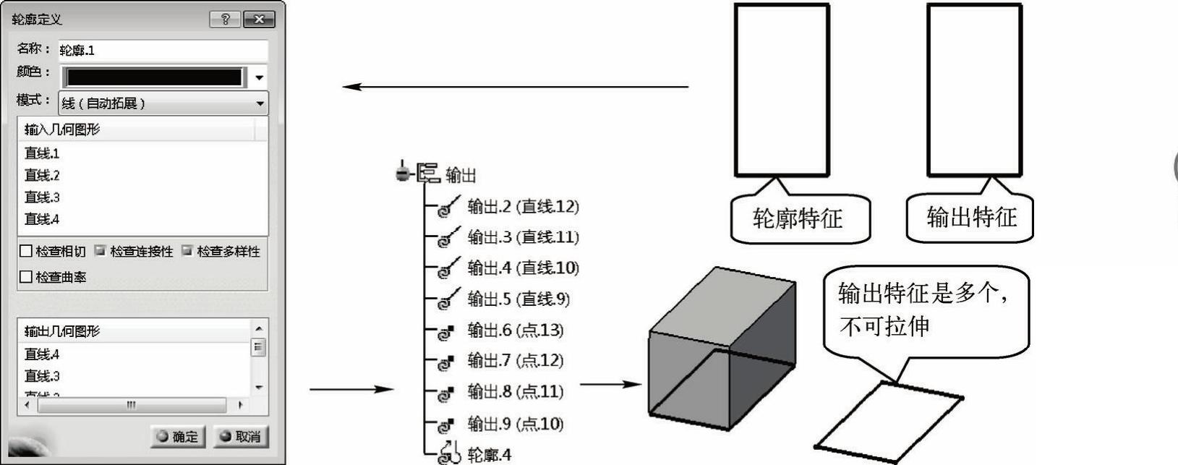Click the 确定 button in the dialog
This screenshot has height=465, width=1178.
(x=178, y=436)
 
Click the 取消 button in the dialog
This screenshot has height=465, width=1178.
(x=242, y=436)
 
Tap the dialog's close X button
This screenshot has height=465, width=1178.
(x=258, y=20)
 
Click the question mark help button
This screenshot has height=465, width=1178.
(x=225, y=20)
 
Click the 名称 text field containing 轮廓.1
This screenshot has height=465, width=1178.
(x=163, y=51)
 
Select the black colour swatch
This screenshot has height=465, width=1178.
(x=154, y=77)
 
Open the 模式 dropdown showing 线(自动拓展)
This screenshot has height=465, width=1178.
(x=163, y=103)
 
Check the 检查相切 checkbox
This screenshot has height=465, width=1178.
(x=26, y=252)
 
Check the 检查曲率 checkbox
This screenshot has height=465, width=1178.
(x=26, y=277)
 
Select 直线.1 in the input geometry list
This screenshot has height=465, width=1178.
(x=42, y=153)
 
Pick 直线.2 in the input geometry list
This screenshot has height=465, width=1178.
(x=42, y=175)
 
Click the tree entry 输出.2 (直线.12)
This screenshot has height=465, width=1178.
(x=523, y=207)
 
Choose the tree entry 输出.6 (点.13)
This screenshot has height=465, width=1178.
(x=515, y=330)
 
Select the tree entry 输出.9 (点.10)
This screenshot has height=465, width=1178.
(x=515, y=424)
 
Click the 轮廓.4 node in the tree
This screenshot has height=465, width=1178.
(x=489, y=455)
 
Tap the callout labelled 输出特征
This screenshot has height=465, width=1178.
(x=971, y=217)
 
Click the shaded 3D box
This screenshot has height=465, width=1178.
(x=722, y=347)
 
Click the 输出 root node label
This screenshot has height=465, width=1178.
(x=460, y=175)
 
